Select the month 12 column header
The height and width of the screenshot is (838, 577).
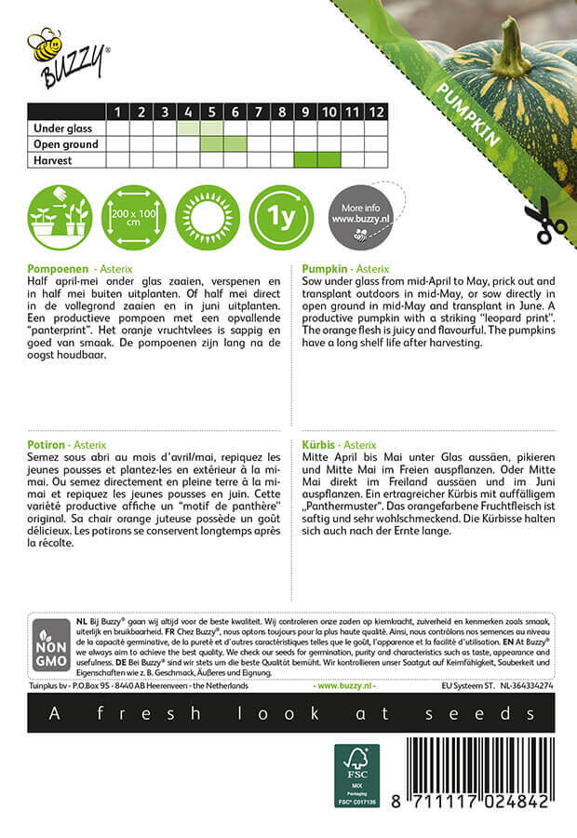click(375, 112)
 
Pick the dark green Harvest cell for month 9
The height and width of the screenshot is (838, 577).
click(305, 160)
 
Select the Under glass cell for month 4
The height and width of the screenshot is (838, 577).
click(188, 128)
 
